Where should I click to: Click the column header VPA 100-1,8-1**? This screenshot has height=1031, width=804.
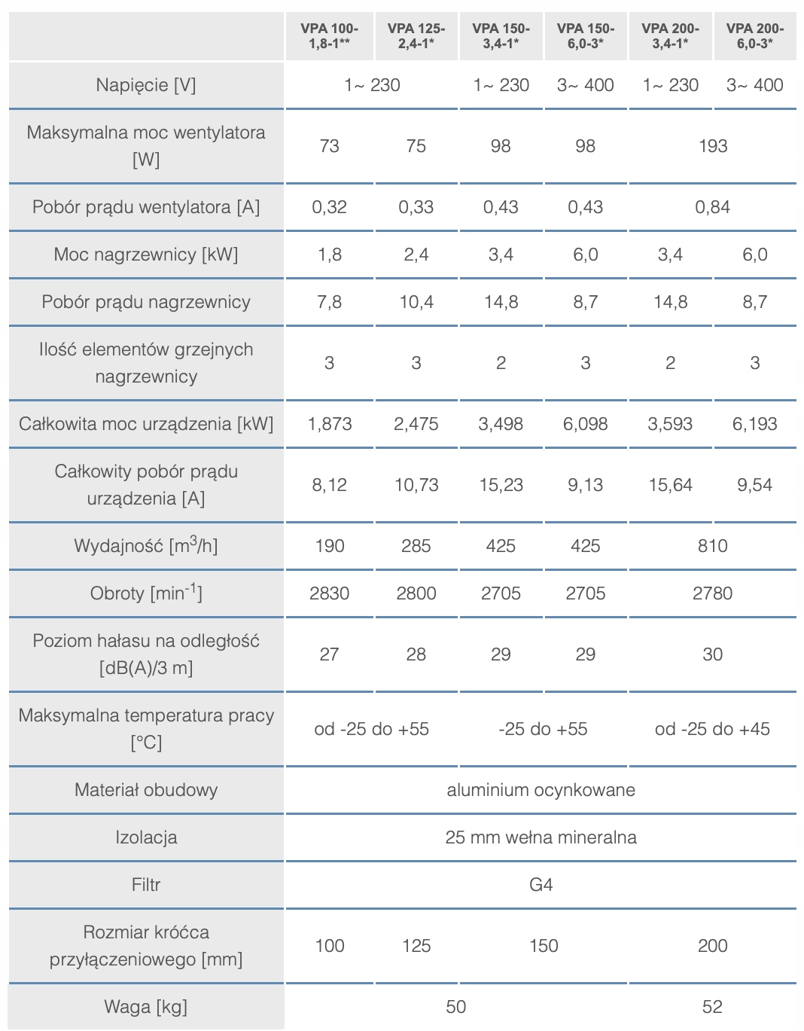329,35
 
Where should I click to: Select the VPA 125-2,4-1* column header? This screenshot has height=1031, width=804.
416,35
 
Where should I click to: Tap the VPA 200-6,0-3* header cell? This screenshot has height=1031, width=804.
754,35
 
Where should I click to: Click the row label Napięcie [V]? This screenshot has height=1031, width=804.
146,85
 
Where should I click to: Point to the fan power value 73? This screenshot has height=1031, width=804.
329,146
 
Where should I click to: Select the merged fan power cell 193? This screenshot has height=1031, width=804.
712,146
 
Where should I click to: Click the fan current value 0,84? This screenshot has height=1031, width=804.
712,207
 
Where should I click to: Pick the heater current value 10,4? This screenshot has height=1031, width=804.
416,302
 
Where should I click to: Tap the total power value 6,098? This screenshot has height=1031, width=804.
585,424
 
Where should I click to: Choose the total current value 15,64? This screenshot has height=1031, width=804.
670,485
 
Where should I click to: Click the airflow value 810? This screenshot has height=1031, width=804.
712,546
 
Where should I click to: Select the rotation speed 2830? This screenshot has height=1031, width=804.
329,593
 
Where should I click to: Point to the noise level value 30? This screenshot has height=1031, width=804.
712,654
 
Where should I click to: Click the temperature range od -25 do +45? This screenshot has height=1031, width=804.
712,729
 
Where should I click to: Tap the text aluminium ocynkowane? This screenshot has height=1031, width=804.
541,790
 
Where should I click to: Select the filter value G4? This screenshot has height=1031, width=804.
541,885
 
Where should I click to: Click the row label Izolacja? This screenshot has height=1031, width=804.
146,837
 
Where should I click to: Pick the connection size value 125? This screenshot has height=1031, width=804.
416,946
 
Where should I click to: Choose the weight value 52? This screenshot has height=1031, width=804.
712,1007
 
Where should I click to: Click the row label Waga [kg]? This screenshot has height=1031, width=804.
146,1007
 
